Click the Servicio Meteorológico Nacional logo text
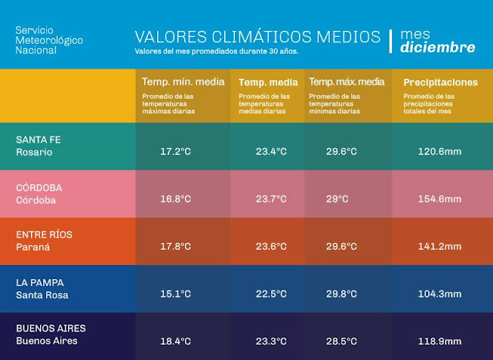49,39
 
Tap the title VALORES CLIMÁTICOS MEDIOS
257,36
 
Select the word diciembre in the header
438,48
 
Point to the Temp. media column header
263,82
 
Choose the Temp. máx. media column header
346,82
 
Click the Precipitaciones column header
440,82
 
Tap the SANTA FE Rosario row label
39,146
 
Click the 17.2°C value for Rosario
175,151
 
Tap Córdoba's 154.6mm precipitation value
439,199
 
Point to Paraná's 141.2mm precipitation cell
439,247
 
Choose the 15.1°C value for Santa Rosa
175,294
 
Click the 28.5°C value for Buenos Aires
341,340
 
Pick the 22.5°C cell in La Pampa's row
271,294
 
